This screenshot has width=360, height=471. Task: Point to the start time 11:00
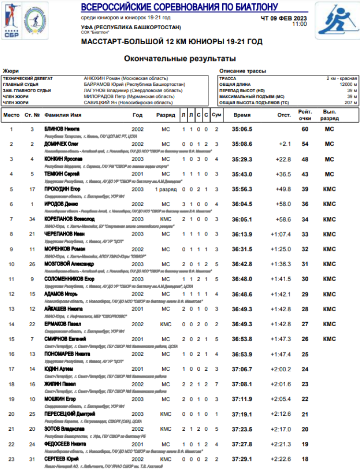pyautogui.click(x=299, y=24)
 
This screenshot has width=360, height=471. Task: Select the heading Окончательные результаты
pyautogui.click(x=180, y=59)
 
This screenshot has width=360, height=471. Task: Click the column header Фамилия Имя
pyautogui.click(x=62, y=115)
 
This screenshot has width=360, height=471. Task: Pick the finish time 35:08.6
pyautogui.click(x=242, y=144)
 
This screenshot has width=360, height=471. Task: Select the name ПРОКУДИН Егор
pyautogui.click(x=62, y=189)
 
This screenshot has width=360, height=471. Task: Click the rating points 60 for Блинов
pyautogui.click(x=304, y=129)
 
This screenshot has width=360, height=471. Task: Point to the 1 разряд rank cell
pyautogui.click(x=166, y=189)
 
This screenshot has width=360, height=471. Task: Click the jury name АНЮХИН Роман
pyautogui.click(x=126, y=78)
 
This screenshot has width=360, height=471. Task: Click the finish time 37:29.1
pyautogui.click(x=242, y=459)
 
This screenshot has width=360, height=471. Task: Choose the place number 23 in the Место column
pyautogui.click(x=11, y=459)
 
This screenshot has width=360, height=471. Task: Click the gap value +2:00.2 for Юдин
pyautogui.click(x=280, y=369)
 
